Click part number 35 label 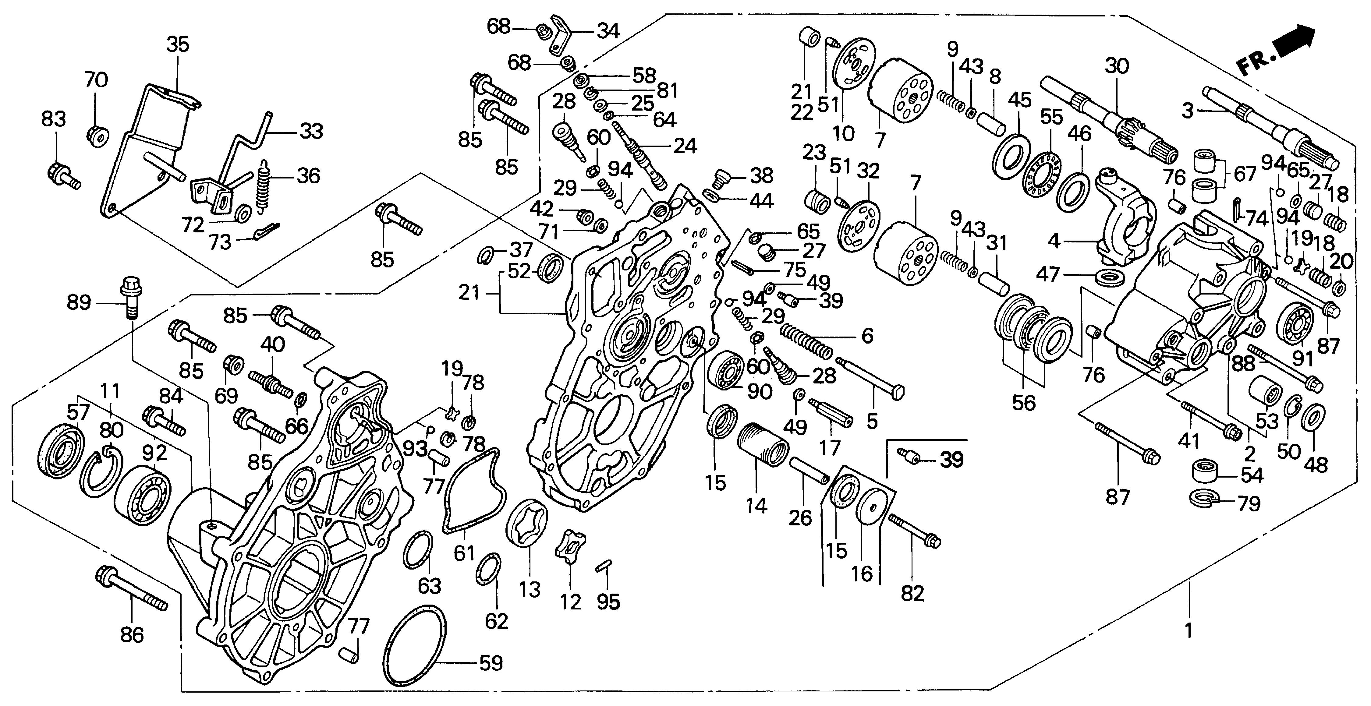point(177,45)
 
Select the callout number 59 point(491,663)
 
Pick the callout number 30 point(1117,66)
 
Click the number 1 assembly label point(1188,631)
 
